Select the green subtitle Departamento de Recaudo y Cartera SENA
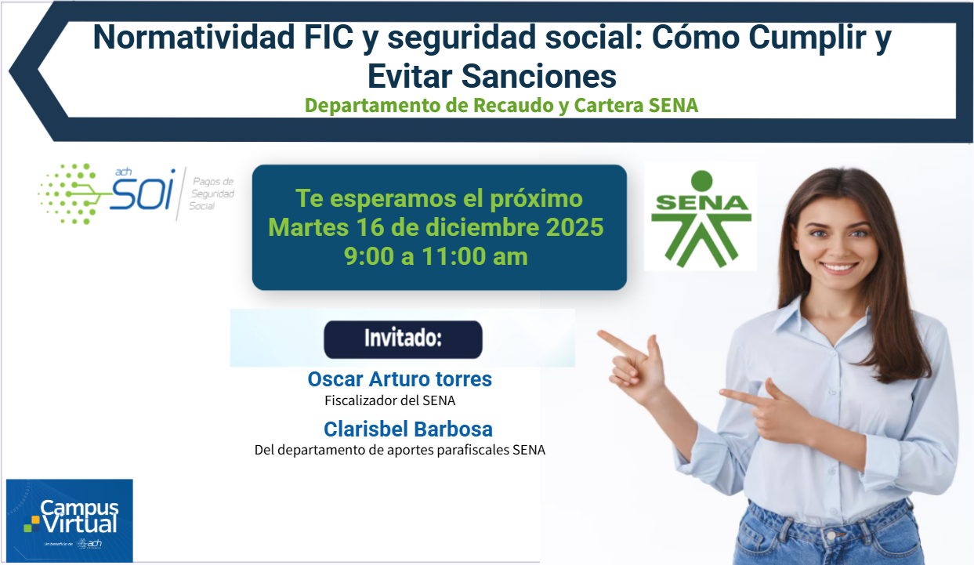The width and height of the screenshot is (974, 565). tap(501, 105)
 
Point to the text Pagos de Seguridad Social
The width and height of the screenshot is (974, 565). tap(212, 194)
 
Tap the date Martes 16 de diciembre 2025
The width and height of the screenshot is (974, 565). tap(436, 227)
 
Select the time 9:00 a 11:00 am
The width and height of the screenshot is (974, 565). tap(436, 256)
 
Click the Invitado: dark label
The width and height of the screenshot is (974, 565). tap(403, 339)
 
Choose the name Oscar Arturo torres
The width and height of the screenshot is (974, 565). tap(400, 379)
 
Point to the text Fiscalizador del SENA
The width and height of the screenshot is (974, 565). tap(390, 400)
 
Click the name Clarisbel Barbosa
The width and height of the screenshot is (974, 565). tap(408, 429)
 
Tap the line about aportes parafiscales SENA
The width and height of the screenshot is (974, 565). tap(400, 450)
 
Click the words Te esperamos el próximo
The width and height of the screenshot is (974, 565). tap(439, 198)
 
